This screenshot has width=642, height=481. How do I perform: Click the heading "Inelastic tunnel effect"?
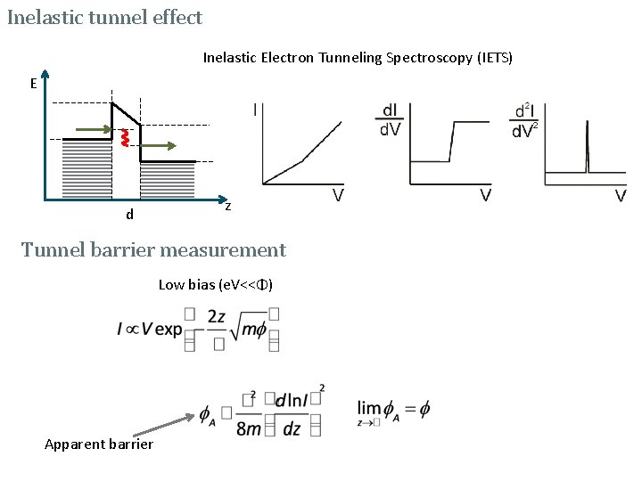pyautogui.click(x=105, y=17)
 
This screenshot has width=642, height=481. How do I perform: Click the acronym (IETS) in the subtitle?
pyautogui.click(x=495, y=58)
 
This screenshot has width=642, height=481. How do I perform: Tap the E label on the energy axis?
pyautogui.click(x=33, y=84)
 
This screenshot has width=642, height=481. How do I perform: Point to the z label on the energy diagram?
pyautogui.click(x=228, y=206)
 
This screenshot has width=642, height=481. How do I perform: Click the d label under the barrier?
pyautogui.click(x=130, y=214)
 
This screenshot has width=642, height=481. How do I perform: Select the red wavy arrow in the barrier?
pyautogui.click(x=125, y=137)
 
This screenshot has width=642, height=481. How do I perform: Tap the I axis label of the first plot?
pyautogui.click(x=257, y=110)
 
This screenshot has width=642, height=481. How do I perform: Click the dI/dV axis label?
pyautogui.click(x=391, y=120)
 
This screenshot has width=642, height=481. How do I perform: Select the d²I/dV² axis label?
pyautogui.click(x=524, y=120)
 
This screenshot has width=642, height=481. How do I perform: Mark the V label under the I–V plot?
pyautogui.click(x=340, y=195)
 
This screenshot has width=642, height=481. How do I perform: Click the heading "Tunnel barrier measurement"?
pyautogui.click(x=153, y=249)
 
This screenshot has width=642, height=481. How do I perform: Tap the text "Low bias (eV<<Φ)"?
pyautogui.click(x=216, y=285)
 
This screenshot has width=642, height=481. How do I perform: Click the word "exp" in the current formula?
pyautogui.click(x=167, y=329)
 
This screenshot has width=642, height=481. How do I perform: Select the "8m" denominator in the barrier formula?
pyautogui.click(x=250, y=429)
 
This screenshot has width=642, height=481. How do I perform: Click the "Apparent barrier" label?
pyautogui.click(x=99, y=444)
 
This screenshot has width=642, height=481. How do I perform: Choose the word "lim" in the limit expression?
pyautogui.click(x=368, y=407)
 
